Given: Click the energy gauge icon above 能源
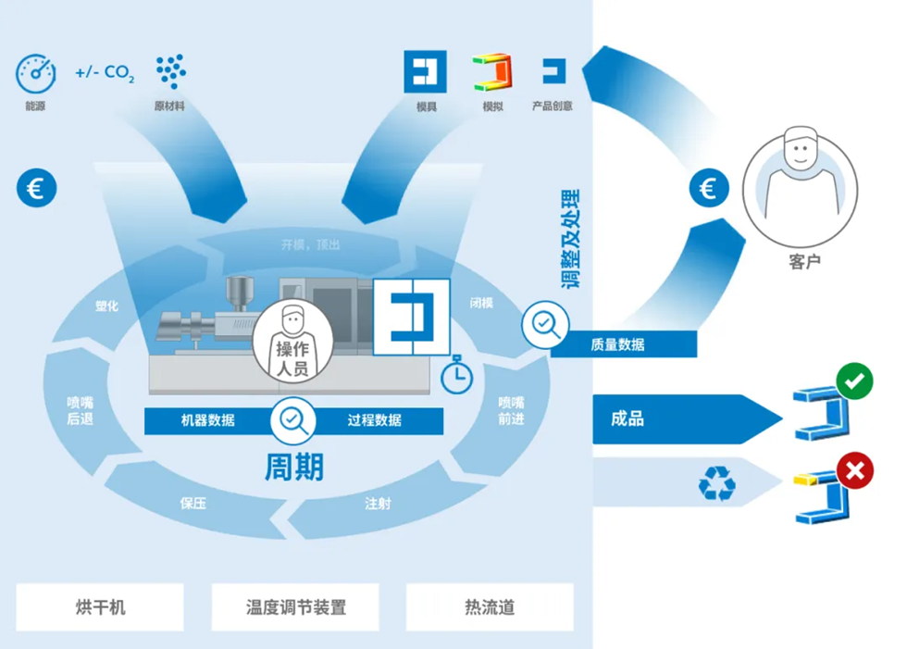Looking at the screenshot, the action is pyautogui.click(x=36, y=73).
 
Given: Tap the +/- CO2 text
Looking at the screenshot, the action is pyautogui.click(x=105, y=73).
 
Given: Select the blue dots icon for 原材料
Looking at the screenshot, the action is pyautogui.click(x=170, y=71).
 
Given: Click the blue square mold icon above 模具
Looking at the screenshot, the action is pyautogui.click(x=425, y=71).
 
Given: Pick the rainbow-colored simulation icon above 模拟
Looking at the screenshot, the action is pyautogui.click(x=492, y=72).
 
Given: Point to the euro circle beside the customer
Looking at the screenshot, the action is pyautogui.click(x=709, y=188).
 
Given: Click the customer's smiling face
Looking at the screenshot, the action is pyautogui.click(x=801, y=150).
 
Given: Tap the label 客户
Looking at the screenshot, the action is pyautogui.click(x=804, y=262).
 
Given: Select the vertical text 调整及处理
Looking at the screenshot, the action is pyautogui.click(x=570, y=238).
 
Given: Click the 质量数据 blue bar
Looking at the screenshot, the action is pyautogui.click(x=624, y=344).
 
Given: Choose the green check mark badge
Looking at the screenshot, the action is pyautogui.click(x=854, y=381).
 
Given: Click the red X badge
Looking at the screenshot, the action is pyautogui.click(x=855, y=471).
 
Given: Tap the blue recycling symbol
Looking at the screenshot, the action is pyautogui.click(x=717, y=483).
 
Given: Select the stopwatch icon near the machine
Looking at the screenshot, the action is pyautogui.click(x=457, y=375).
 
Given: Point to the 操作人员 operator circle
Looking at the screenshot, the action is pyautogui.click(x=292, y=342).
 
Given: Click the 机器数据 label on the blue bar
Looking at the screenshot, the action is pyautogui.click(x=207, y=420).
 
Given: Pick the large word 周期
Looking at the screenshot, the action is pyautogui.click(x=294, y=467).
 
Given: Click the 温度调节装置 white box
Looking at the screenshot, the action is pyautogui.click(x=295, y=606).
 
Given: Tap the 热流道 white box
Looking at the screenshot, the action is pyautogui.click(x=490, y=606).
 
